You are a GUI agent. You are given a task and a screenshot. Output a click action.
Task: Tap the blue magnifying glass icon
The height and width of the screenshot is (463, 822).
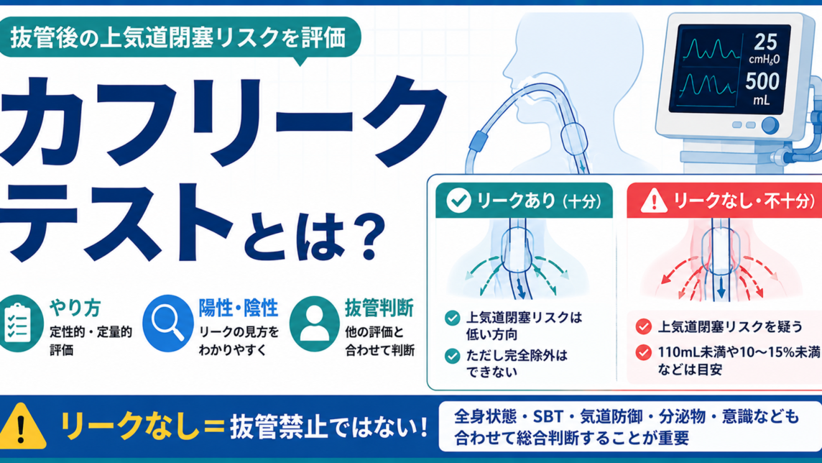tap(167, 323)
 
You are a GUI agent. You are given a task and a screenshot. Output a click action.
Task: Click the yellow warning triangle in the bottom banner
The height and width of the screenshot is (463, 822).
tap(22, 426)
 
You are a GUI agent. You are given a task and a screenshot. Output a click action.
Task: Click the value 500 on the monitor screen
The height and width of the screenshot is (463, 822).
tap(763, 82)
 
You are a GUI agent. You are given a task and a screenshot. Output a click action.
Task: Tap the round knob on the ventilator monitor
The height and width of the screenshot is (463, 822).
tap(770, 125)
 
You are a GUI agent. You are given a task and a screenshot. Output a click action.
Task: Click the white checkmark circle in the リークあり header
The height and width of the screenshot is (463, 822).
tap(458, 201)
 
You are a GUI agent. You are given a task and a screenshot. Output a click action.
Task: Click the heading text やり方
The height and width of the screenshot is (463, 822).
tap(75, 308)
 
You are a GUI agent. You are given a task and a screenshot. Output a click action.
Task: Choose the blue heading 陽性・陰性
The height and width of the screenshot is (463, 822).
tap(238, 308)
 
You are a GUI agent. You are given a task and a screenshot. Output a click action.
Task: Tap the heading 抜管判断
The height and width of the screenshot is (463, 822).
tap(379, 308)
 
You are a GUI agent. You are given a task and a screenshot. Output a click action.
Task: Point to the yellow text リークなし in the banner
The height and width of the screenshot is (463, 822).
tap(130, 426)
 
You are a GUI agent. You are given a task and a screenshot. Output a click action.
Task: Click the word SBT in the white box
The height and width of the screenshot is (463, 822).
tap(548, 417)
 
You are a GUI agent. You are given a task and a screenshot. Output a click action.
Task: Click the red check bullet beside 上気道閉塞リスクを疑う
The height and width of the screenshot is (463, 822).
tap(643, 326)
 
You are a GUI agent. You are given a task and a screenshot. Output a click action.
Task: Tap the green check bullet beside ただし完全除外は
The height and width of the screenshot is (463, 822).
tap(453, 356)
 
